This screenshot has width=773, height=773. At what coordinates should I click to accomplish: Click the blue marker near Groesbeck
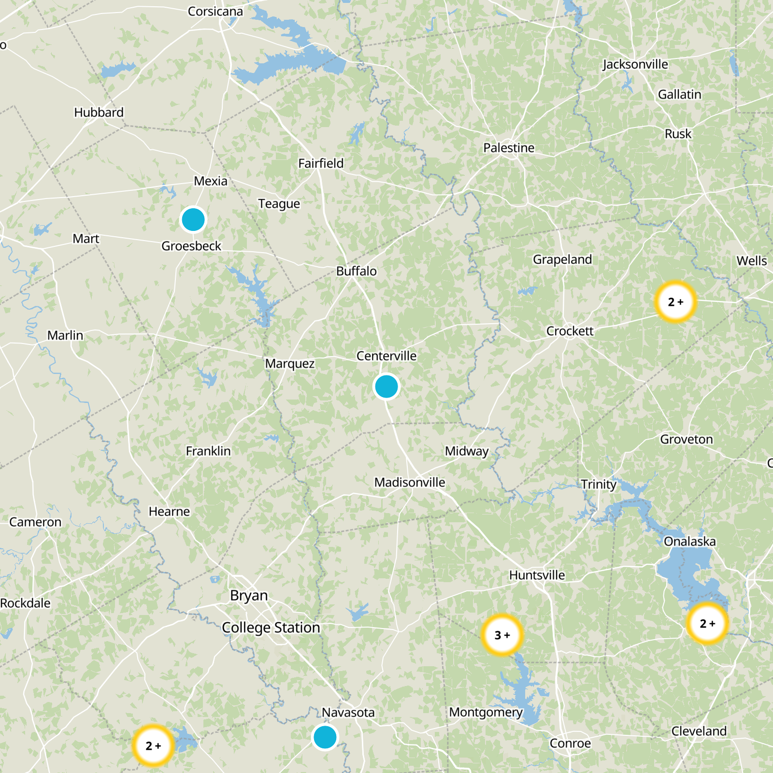click(x=193, y=220)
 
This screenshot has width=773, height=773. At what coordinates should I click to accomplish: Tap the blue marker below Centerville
click(x=386, y=386)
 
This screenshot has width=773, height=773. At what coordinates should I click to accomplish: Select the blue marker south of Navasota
click(x=325, y=737)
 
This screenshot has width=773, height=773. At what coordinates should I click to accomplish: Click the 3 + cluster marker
click(x=502, y=635)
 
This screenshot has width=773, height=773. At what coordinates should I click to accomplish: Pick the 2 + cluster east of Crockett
click(x=675, y=301)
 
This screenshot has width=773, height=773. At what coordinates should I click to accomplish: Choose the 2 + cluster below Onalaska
click(x=707, y=623)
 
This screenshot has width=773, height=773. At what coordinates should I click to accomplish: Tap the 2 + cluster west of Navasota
click(x=153, y=745)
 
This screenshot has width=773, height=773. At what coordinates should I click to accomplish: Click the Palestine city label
click(x=509, y=148)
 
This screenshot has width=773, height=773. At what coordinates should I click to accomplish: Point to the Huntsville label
click(x=537, y=575)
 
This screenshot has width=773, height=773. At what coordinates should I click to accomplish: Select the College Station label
click(x=271, y=628)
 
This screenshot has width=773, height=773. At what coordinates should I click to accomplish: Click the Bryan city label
click(x=249, y=596)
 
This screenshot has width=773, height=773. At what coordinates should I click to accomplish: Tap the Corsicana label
click(x=215, y=11)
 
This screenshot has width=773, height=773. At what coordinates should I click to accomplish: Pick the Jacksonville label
click(x=635, y=64)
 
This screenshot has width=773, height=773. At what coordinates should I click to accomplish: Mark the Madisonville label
click(x=410, y=482)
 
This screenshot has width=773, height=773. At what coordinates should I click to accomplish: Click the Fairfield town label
click(x=321, y=163)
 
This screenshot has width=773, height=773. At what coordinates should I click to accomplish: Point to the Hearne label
click(x=169, y=511)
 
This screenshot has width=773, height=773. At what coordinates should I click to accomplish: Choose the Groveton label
click(x=686, y=439)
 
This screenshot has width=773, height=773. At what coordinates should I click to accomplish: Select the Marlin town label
click(x=65, y=335)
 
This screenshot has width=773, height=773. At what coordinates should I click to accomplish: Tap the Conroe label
click(x=570, y=743)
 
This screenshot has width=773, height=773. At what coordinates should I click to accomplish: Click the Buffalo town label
click(x=356, y=271)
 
